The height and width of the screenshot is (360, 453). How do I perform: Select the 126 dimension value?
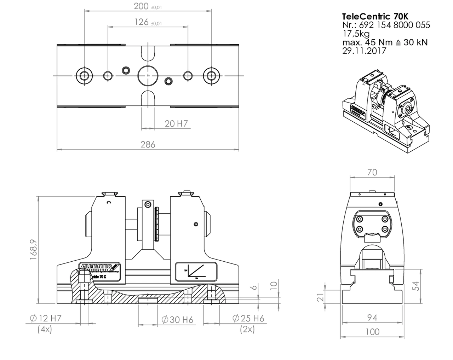tap(142, 22)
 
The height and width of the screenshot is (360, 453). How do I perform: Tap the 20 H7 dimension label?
tap(176, 123)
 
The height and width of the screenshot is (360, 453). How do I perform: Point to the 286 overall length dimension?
tap(148, 144)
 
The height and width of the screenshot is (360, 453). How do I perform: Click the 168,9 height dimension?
tap(34, 249)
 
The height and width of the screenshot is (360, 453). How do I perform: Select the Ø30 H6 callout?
tap(177, 320)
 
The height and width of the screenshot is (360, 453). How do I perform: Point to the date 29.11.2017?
tap(364, 51)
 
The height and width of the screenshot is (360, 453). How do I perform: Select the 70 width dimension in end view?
tap(372, 172)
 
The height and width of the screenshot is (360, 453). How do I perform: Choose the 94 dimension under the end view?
tap(372, 318)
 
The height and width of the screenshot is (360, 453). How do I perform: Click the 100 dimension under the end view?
tap(372, 332)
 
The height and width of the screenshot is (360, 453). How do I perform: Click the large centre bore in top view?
tap(148, 75)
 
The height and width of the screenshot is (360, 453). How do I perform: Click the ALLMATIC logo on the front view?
tap(99, 266)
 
